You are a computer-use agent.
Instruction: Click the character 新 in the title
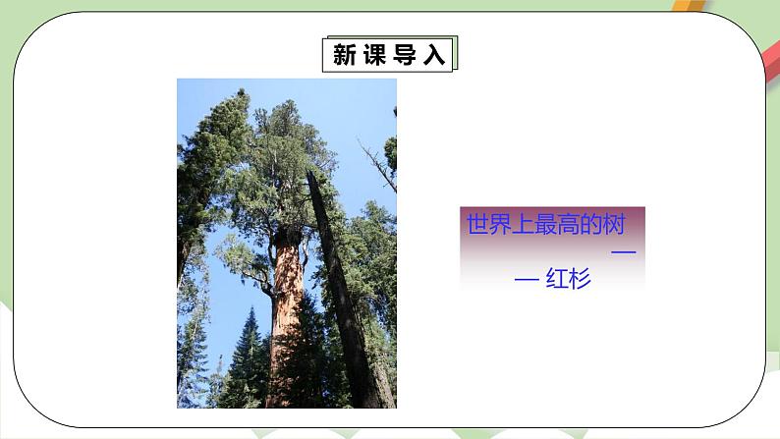click(x=345, y=56)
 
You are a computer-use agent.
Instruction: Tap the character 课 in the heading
click(x=375, y=56)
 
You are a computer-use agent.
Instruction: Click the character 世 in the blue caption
click(x=477, y=226)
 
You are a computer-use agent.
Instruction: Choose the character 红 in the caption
click(x=557, y=280)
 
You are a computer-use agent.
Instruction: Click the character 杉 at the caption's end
click(x=580, y=280)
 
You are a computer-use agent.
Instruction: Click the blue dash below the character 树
click(x=623, y=253)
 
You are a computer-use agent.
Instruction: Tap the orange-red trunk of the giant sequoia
click(x=288, y=314)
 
